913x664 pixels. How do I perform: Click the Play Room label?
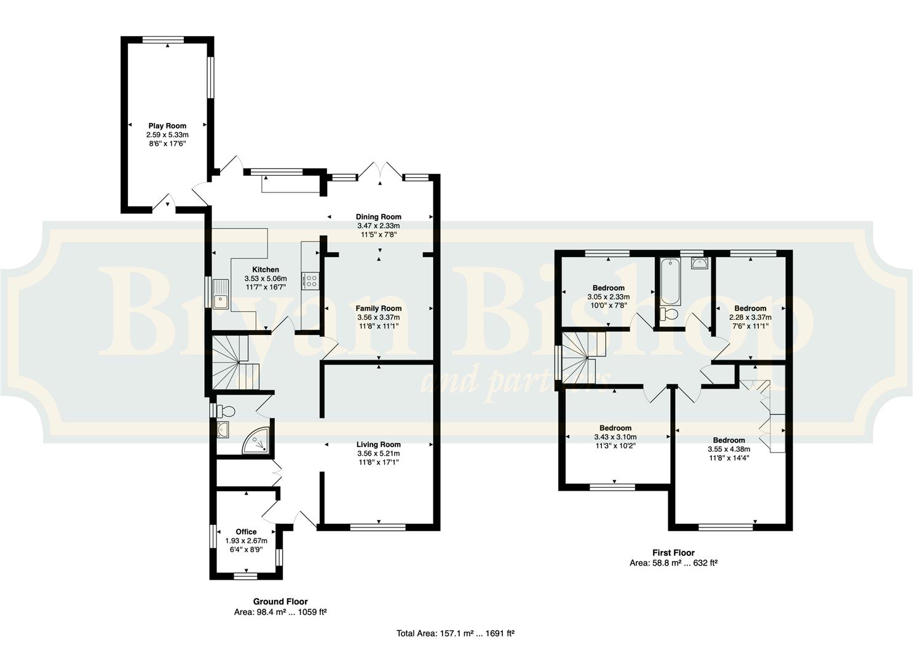167,126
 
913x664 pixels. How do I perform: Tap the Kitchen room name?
266,269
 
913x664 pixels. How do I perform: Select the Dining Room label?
379,217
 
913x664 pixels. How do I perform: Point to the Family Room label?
379,309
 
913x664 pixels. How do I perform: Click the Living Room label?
379,445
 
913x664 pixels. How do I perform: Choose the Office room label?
246,532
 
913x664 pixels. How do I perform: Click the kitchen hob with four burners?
311,281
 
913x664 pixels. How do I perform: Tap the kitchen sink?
221,294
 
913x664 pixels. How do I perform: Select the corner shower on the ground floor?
256,441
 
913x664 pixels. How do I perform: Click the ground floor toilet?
226,411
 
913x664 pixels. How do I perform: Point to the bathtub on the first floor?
671,282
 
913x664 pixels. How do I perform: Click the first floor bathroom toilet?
668,314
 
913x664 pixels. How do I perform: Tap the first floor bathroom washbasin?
700,264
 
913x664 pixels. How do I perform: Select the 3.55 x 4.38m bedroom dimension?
729,449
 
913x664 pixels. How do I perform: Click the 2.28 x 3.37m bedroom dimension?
750,317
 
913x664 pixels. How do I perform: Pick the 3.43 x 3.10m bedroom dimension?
615,437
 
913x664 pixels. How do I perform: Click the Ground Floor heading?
280,602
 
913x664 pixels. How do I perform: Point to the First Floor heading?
673,553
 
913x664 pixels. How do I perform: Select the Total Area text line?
456,633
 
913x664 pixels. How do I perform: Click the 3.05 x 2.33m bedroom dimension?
609,297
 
